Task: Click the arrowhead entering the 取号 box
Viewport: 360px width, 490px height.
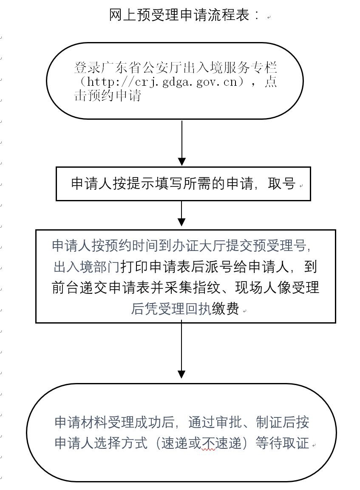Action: pyautogui.click(x=182, y=162)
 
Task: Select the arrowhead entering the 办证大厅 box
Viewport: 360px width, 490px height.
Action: pyautogui.click(x=182, y=222)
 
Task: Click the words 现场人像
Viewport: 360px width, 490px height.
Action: pyautogui.click(x=264, y=287)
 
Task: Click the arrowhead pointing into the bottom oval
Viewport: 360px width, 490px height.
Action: pyautogui.click(x=182, y=374)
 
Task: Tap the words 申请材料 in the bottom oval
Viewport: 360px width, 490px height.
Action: pyautogui.click(x=81, y=422)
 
